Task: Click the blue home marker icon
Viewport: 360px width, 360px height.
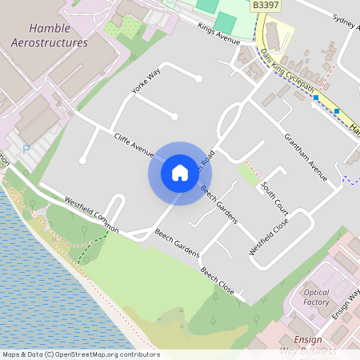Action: [180, 173]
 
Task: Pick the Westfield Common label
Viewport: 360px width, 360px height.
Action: [91, 215]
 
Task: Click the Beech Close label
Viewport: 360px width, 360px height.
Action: [217, 281]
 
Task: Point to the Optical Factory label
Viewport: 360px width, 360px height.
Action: [317, 297]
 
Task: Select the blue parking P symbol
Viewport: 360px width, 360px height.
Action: [26, 149]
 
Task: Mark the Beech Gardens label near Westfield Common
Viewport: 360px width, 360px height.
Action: [177, 244]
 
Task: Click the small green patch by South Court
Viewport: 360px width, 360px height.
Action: [249, 174]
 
